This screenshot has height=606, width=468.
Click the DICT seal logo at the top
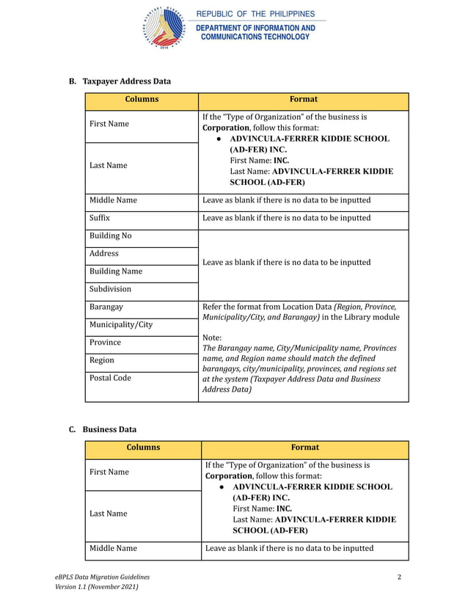pyautogui.click(x=164, y=27)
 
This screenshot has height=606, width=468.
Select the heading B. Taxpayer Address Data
pyautogui.click(x=120, y=81)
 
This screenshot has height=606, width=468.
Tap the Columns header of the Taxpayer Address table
pyautogui.click(x=142, y=100)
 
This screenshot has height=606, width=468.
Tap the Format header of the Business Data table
pyautogui.click(x=304, y=448)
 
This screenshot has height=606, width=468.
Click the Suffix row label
pyautogui.click(x=100, y=218)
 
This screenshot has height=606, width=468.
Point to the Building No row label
pyautogui.click(x=110, y=236)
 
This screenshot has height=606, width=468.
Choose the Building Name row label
pyautogui.click(x=115, y=271)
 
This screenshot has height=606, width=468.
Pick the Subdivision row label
pyautogui.click(x=110, y=289)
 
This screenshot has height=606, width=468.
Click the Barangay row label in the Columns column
pyautogui.click(x=106, y=307)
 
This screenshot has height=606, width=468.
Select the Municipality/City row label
pyautogui.click(x=121, y=324)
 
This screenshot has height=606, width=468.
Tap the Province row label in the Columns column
pyautogui.click(x=106, y=343)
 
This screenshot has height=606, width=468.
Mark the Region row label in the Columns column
pyautogui.click(x=102, y=360)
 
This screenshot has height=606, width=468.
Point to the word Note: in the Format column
pyautogui.click(x=212, y=337)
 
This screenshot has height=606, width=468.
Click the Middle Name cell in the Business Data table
pyautogui.click(x=113, y=548)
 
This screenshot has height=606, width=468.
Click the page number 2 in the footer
pyautogui.click(x=399, y=577)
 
